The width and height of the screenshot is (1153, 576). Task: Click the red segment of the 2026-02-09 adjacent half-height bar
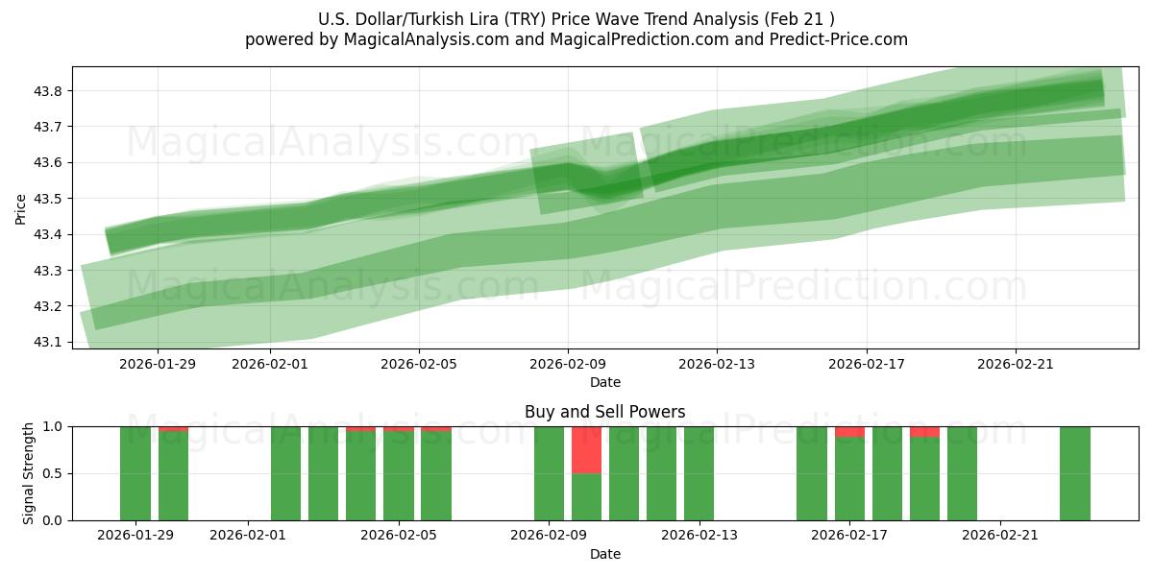click(586, 449)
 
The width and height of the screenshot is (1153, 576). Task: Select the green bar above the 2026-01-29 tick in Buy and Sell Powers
click(135, 473)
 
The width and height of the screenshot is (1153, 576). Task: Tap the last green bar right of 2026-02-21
click(1075, 473)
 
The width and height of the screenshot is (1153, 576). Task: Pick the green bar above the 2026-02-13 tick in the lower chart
click(699, 473)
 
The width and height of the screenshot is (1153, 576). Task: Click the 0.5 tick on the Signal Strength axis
click(52, 473)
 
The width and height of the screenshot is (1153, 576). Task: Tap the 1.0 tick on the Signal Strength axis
click(52, 426)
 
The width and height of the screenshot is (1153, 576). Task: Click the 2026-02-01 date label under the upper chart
click(270, 364)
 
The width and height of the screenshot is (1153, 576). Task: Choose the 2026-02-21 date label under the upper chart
click(1017, 364)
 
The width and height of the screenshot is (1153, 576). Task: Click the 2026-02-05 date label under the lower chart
click(399, 536)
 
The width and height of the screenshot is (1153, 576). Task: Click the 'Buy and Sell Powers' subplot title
click(605, 412)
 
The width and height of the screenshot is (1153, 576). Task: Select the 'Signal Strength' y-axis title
click(29, 473)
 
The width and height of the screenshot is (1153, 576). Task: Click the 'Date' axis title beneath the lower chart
click(605, 554)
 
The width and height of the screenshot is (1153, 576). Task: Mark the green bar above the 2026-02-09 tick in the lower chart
click(549, 473)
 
